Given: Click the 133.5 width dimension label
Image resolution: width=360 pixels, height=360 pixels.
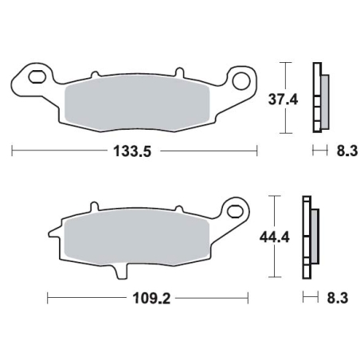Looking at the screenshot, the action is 132,151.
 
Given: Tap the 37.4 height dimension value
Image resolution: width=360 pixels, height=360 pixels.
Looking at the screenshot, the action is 283,100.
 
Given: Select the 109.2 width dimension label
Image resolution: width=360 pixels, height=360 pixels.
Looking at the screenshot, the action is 151,299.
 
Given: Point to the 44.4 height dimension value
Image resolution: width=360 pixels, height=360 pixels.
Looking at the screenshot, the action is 274,237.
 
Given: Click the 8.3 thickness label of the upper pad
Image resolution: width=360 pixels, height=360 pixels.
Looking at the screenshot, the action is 347,151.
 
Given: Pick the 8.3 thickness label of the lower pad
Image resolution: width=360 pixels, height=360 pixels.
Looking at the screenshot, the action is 337,298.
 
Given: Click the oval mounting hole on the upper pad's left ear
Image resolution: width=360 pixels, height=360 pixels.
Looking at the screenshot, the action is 37,76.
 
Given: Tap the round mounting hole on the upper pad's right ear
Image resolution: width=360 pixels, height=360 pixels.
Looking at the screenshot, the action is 241,80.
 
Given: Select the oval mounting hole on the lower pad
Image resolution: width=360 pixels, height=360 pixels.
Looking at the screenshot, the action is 236,211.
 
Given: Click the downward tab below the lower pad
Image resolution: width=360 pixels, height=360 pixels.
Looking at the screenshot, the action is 122,272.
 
